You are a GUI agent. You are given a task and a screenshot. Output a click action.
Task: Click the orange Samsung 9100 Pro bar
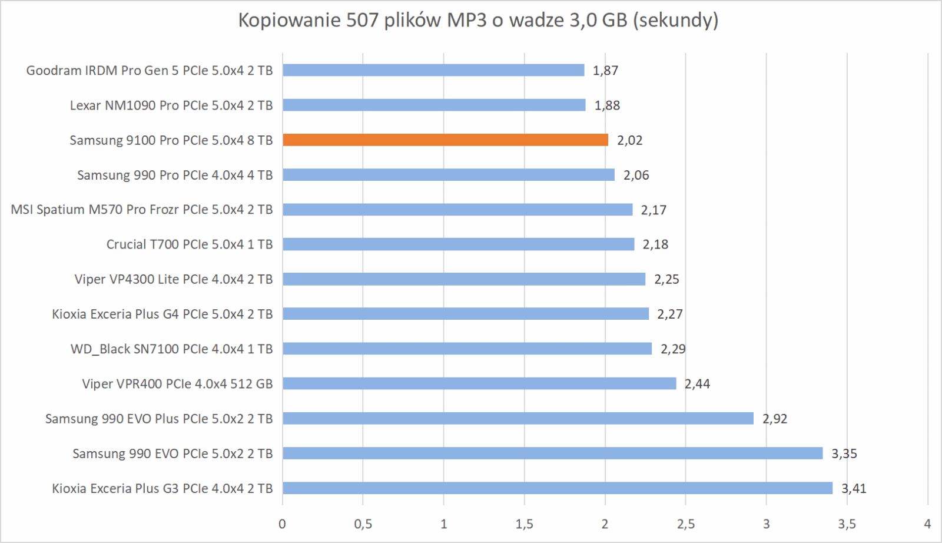point(445,140)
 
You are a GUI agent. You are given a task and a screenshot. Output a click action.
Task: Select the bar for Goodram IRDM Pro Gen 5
point(433,71)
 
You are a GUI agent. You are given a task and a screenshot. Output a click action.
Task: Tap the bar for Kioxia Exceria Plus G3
point(558,488)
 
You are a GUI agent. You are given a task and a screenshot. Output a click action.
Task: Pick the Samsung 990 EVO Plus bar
point(518,419)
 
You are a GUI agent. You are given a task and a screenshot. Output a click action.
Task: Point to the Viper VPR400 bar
point(479,384)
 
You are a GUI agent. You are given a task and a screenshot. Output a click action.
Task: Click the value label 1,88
point(607,105)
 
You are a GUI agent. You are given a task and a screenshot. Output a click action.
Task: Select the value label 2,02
point(629,140)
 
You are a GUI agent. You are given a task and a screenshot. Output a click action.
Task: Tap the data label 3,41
point(854,488)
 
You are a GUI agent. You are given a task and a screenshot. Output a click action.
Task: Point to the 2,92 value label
point(775,419)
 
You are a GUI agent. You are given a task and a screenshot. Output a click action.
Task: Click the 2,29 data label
point(673,349)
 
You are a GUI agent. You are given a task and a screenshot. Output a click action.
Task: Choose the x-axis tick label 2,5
point(685,524)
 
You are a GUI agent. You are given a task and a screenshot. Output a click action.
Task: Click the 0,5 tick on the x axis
point(363,524)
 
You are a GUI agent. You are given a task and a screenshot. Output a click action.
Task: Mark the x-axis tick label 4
point(927,524)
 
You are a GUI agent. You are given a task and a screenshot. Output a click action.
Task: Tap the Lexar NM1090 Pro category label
point(171,105)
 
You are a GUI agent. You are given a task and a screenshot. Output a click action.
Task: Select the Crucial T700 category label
point(190,244)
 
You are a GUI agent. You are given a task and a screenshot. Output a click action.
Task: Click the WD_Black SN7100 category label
point(171,349)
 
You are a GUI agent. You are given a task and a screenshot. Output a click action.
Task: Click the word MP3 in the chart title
point(467,21)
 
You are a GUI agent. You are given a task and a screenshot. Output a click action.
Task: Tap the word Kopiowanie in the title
point(289,21)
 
